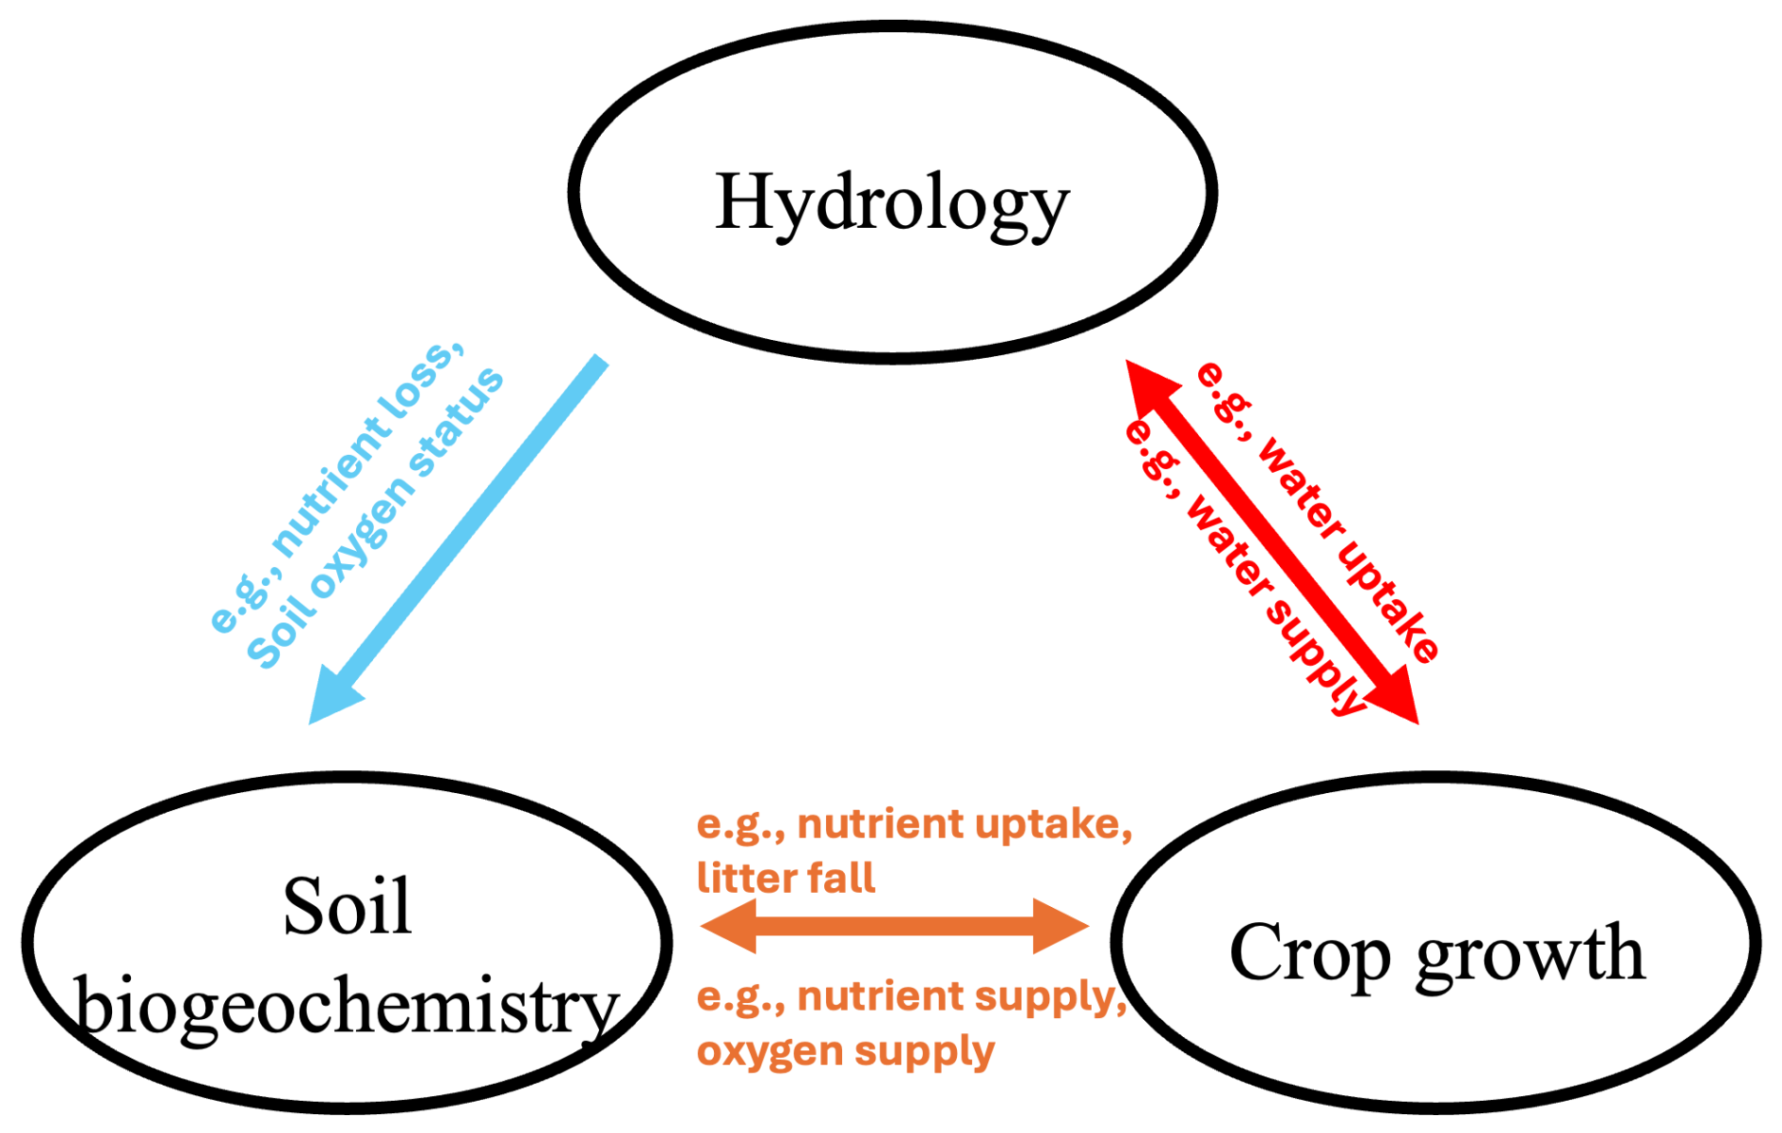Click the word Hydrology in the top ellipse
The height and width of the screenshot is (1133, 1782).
point(891,202)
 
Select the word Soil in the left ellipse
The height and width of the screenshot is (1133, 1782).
point(348,906)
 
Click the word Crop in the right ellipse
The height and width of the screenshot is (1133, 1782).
point(1309,953)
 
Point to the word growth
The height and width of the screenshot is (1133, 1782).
point(1530,953)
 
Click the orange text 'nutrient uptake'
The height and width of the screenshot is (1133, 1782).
point(963,825)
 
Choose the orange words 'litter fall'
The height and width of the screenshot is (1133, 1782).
point(786,878)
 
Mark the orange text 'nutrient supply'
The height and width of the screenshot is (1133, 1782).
point(961,996)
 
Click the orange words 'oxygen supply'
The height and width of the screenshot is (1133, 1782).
point(845,1051)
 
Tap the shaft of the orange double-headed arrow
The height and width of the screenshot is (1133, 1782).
point(895,926)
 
